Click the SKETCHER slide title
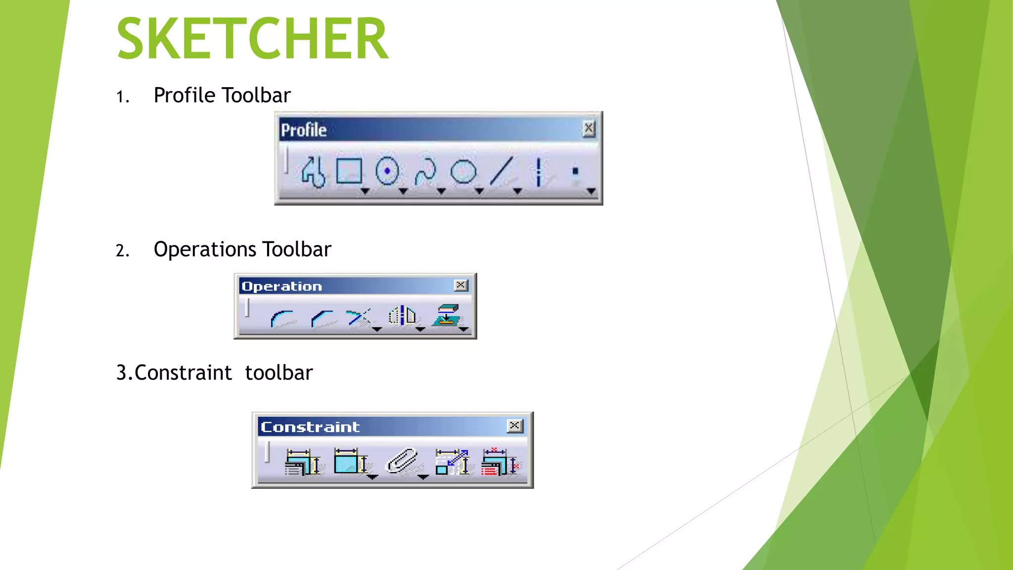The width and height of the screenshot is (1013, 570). [x=252, y=39]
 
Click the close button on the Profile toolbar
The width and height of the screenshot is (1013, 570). [x=588, y=129]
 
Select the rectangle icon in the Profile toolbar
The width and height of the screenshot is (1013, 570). [x=349, y=171]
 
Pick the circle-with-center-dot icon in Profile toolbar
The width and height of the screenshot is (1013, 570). [x=387, y=171]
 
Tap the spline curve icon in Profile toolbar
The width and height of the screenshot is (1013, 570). [x=425, y=172]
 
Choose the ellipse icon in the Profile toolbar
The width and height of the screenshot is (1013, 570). [x=463, y=172]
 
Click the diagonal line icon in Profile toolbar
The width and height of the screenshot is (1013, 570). [x=502, y=171]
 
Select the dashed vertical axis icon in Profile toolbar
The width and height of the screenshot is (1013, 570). [x=539, y=172]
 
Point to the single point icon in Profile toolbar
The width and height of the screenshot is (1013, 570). [x=575, y=171]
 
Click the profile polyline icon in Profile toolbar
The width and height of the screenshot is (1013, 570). [x=313, y=172]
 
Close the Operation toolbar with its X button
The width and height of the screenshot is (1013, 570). [x=461, y=285]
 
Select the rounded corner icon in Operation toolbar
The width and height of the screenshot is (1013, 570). [x=282, y=318]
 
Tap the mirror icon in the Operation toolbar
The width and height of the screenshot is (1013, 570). [x=402, y=316]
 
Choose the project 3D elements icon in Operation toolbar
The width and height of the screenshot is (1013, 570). [x=447, y=316]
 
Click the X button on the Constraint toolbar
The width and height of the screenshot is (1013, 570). [x=515, y=426]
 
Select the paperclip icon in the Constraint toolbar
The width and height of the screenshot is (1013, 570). [x=402, y=461]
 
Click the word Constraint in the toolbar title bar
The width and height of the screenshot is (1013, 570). [x=310, y=427]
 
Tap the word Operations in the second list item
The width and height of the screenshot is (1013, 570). [x=205, y=249]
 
